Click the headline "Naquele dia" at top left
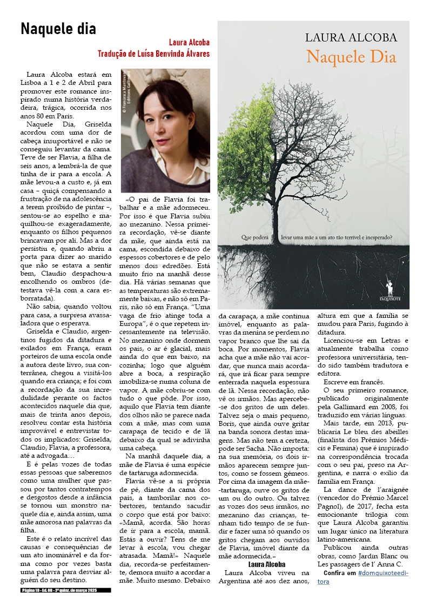click(x=58, y=29)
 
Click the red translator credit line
click(x=153, y=54)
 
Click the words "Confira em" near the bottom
click(x=339, y=572)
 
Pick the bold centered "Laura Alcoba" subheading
click(x=263, y=564)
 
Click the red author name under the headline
click(x=189, y=42)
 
